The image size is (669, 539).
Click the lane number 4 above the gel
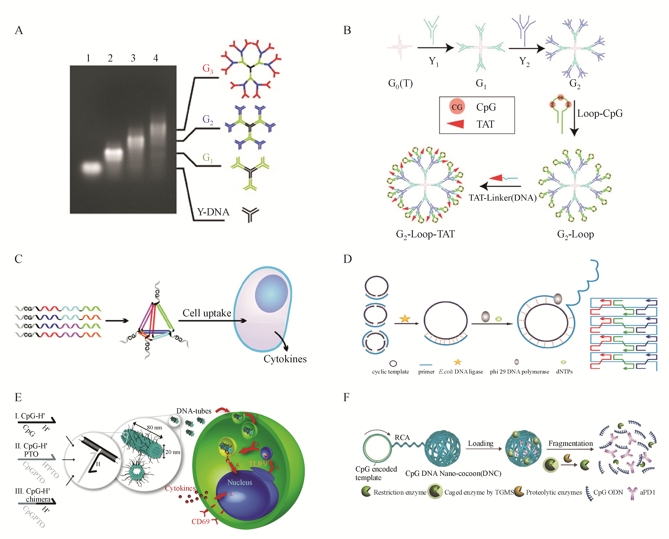click(156, 58)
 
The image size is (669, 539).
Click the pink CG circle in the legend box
click(457, 107)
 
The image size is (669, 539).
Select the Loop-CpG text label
click(600, 114)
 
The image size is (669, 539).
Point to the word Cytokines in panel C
click(285, 359)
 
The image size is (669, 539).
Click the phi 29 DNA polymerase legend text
click(519, 372)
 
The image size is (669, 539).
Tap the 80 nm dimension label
click(154, 428)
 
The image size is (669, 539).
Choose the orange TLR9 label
click(257, 464)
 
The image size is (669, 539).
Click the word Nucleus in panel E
click(240, 482)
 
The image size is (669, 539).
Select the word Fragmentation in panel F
click(570, 443)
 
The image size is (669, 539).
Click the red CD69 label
click(200, 522)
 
